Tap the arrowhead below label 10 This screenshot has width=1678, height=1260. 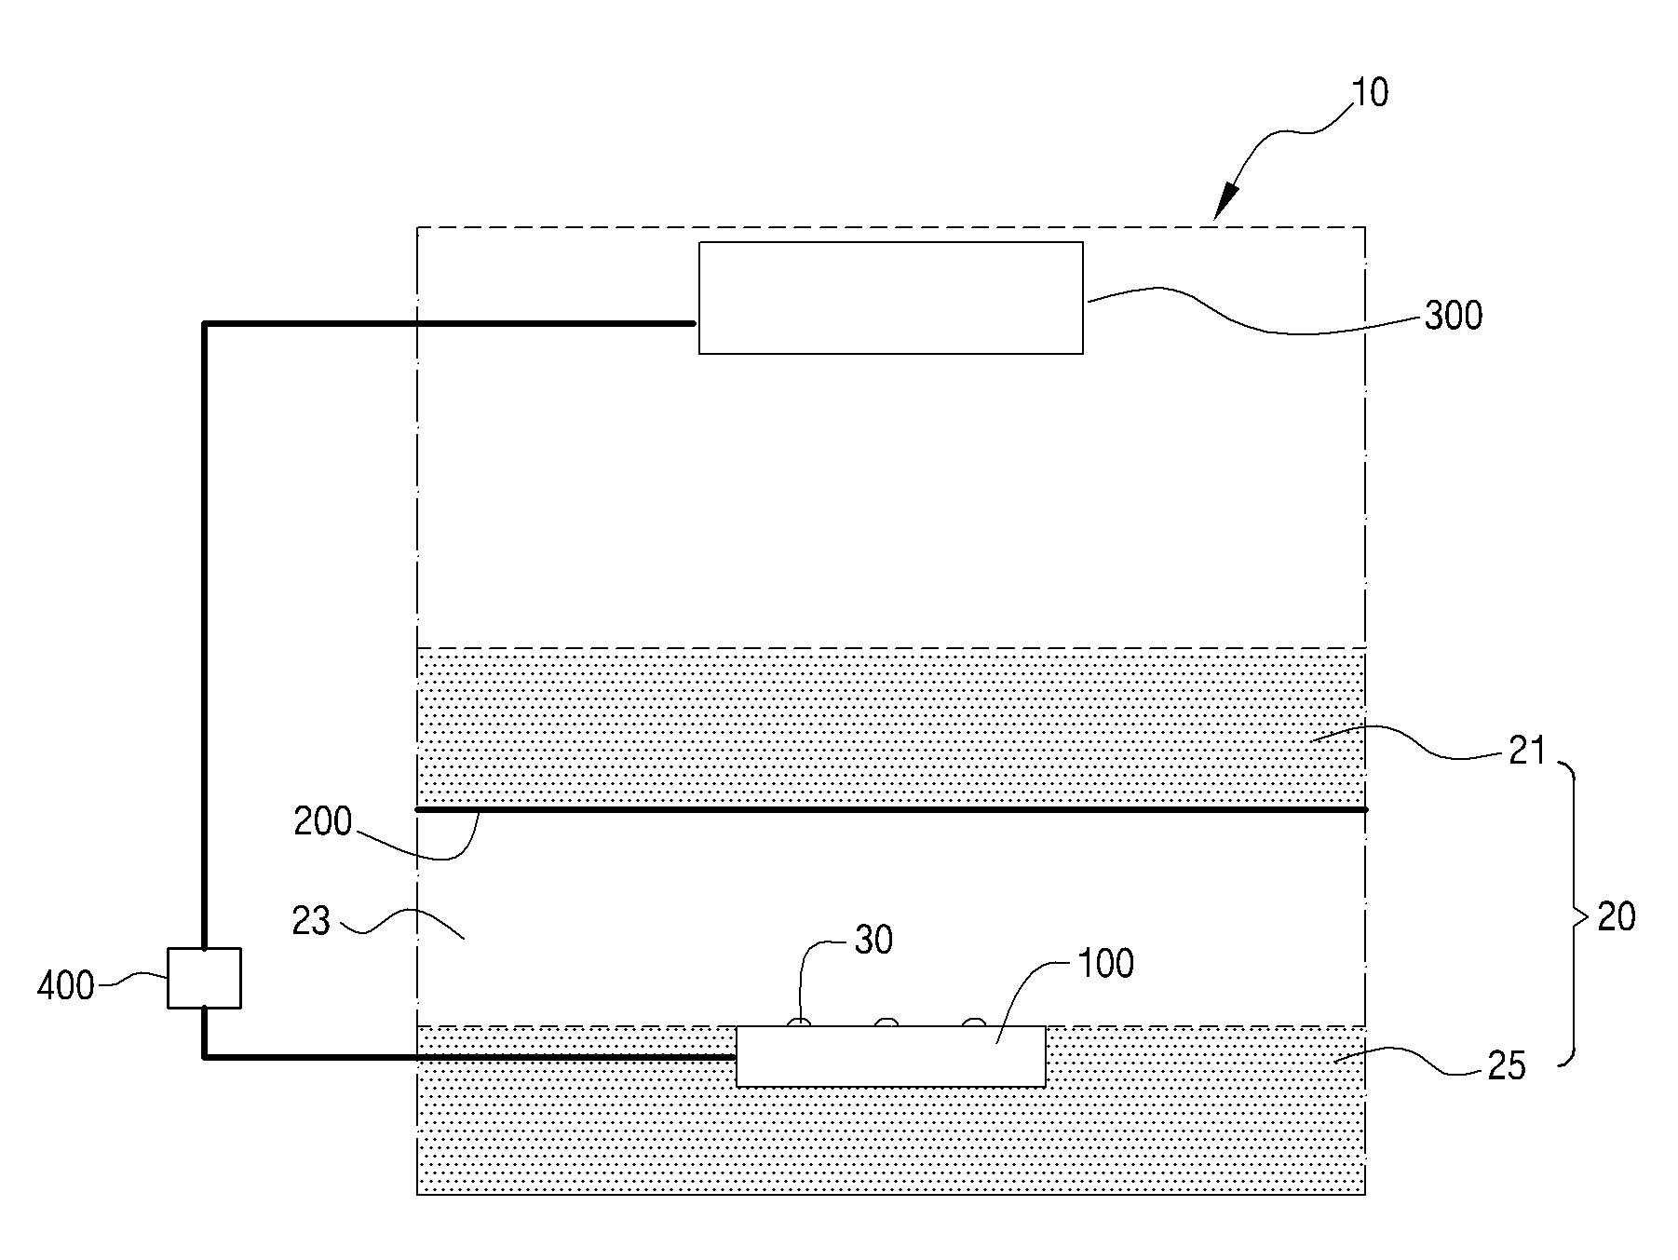(1227, 204)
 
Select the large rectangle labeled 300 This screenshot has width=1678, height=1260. (890, 298)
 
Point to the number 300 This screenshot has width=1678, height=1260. (1453, 317)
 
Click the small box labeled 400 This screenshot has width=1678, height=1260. (204, 978)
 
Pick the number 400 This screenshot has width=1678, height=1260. (65, 985)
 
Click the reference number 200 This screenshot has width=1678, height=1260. (322, 823)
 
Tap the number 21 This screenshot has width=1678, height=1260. (1527, 751)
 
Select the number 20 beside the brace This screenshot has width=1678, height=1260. (1616, 917)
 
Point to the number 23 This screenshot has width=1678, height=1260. (311, 921)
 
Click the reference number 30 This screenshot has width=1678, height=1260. (873, 941)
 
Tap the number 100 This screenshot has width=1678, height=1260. (1105, 965)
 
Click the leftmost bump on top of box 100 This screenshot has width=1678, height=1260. (799, 1022)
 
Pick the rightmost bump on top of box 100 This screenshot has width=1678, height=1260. (973, 1022)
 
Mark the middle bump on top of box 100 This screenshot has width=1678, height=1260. (886, 1022)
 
